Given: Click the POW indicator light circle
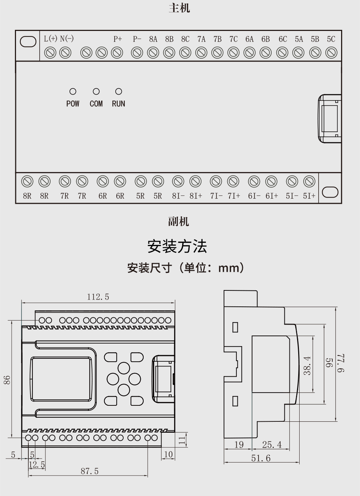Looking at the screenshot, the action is tap(73, 91).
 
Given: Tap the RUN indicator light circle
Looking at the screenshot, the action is tap(119, 91).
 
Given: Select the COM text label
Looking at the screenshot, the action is tap(96, 104).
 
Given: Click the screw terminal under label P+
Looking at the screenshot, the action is tap(117, 53).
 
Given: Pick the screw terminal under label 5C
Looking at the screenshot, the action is tap(331, 53).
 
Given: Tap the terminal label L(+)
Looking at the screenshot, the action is tap(51, 39).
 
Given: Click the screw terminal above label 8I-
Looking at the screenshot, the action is tap(178, 181).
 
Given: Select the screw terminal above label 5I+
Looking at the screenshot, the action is tap(309, 181).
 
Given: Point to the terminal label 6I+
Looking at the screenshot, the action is tap(272, 196).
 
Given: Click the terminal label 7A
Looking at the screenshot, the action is tap(201, 39).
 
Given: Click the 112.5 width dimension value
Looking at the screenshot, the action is tap(98, 297).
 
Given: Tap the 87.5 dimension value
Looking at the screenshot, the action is tap(89, 471).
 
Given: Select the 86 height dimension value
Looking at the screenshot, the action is tap(7, 380).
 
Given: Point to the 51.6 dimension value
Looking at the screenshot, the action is tap(261, 458).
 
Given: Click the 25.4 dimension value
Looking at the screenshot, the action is tap(272, 444).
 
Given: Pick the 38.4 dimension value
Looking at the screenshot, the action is tap(307, 366).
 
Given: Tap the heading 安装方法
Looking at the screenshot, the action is tap(177, 246).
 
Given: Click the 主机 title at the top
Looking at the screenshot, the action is tap(179, 8).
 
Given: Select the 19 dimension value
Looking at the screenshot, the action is tap(239, 444).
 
